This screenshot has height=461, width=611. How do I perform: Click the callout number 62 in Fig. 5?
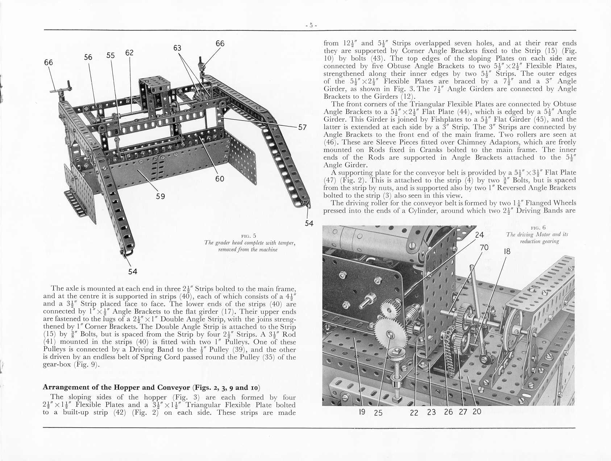click(x=129, y=53)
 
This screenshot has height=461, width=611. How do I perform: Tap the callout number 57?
click(x=302, y=127)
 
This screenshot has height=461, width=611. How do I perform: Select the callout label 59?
click(x=161, y=196)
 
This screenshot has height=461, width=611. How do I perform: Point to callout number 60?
click(x=220, y=179)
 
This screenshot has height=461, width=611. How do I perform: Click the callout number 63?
click(x=177, y=48)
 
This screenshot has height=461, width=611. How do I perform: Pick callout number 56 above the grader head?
click(x=88, y=57)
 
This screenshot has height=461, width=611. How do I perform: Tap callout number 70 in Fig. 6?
click(x=484, y=248)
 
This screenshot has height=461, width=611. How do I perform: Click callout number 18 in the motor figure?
click(x=507, y=252)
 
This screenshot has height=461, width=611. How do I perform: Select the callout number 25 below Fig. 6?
click(x=378, y=413)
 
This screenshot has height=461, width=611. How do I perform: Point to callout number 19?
click(x=362, y=412)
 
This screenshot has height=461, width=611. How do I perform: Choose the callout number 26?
click(x=448, y=412)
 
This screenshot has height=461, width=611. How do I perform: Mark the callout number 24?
click(x=479, y=235)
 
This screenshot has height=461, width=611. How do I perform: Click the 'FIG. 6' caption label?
click(x=538, y=228)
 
